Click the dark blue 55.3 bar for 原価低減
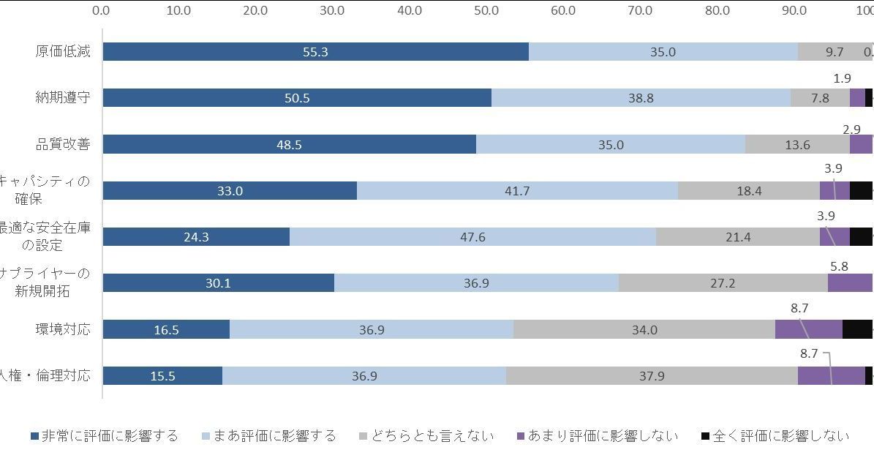click(x=315, y=52)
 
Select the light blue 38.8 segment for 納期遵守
click(x=641, y=98)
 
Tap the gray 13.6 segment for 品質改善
click(x=797, y=145)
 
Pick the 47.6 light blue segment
click(x=472, y=237)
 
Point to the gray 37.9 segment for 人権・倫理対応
click(x=651, y=376)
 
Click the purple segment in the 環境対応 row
click(x=808, y=330)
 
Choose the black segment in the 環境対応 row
click(x=857, y=330)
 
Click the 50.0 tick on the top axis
click(x=486, y=11)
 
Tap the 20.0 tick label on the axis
click(x=256, y=11)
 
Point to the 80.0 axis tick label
click(x=717, y=11)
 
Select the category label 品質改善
click(x=64, y=144)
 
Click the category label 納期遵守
click(x=64, y=97)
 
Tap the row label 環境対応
click(x=64, y=329)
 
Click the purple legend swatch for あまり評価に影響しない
click(x=521, y=437)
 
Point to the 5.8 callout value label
click(x=839, y=266)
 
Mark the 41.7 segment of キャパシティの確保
click(x=517, y=191)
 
